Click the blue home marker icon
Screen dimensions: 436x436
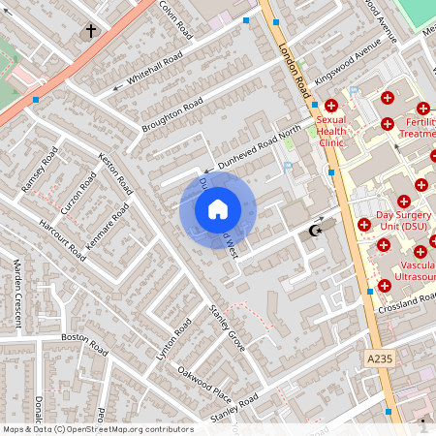218,208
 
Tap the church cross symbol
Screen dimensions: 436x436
92,31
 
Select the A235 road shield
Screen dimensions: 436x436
380,358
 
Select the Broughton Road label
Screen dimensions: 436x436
172,115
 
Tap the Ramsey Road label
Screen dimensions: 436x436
46,169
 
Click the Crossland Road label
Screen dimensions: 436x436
407,303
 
